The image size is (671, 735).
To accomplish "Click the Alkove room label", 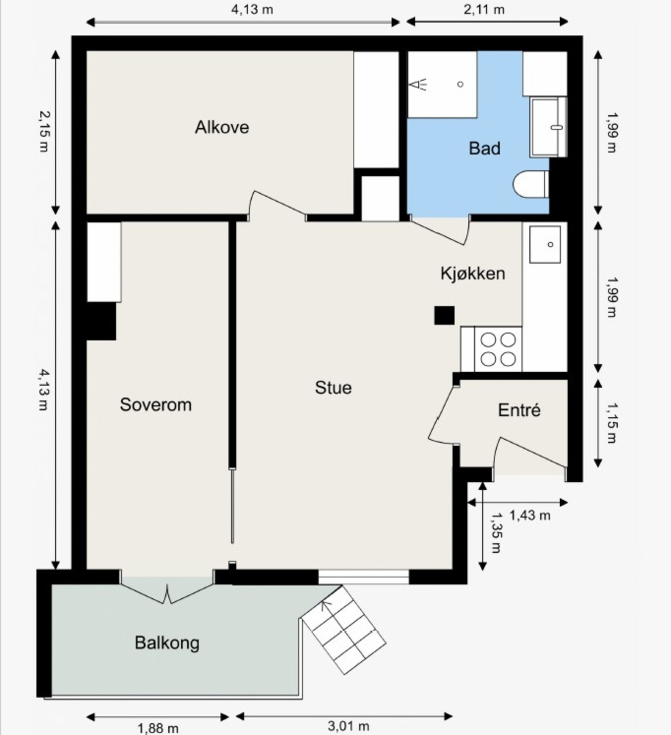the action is click(x=222, y=127).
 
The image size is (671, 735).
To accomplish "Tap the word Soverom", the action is click(x=156, y=405).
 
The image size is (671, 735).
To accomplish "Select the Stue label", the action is click(x=333, y=387).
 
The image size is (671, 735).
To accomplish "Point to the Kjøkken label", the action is click(x=473, y=273).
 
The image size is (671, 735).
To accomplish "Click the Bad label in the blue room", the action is click(x=484, y=148).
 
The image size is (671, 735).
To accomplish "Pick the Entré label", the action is click(x=519, y=410).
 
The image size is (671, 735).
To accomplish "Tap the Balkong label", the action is click(x=167, y=643).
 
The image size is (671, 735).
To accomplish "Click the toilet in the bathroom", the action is click(x=531, y=184).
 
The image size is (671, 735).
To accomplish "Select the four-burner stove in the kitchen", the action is click(x=498, y=349).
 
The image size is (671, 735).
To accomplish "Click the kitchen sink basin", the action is click(x=545, y=244).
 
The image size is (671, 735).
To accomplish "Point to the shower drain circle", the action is click(x=460, y=84).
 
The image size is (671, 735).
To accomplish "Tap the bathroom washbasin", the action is click(x=549, y=127).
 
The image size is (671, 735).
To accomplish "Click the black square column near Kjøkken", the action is click(x=444, y=315).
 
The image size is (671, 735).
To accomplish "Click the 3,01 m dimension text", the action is click(x=348, y=726).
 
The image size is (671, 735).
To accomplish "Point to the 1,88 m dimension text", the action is click(x=158, y=728).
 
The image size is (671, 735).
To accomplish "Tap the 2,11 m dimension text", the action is click(x=484, y=9).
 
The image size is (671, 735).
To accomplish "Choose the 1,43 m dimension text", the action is click(x=530, y=515).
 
